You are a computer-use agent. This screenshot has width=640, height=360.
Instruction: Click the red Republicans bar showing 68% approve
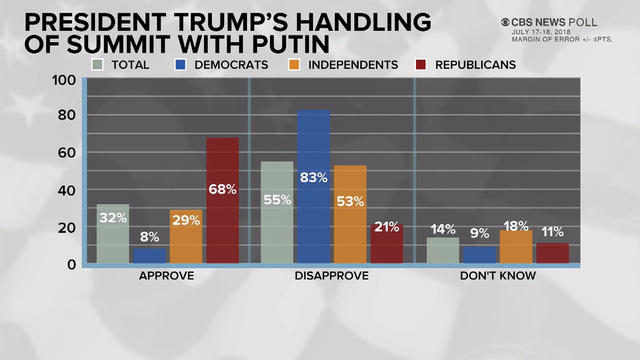223,200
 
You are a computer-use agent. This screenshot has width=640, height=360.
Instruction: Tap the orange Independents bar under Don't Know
515,247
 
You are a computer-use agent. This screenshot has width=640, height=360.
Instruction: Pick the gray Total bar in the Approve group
112,234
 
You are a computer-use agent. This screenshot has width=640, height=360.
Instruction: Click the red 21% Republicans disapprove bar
387,244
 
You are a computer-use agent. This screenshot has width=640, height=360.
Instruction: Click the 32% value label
112,217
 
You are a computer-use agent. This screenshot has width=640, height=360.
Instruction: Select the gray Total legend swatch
98,64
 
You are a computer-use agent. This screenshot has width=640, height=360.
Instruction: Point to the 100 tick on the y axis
64,80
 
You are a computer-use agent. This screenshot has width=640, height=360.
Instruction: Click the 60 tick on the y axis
67,153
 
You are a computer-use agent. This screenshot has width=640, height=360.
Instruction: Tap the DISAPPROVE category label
331,277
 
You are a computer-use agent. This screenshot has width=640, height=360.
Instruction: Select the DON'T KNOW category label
496,277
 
